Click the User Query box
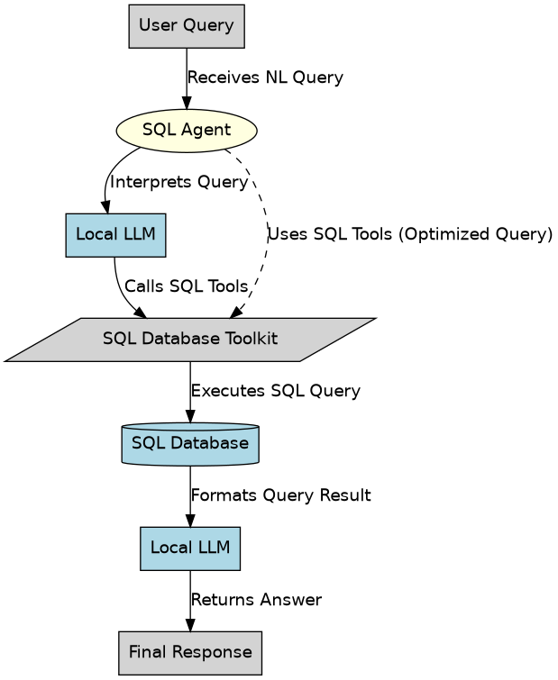tap(187, 25)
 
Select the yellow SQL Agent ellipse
tap(187, 130)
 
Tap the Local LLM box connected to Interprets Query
tap(115, 235)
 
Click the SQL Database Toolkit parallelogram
tap(189, 340)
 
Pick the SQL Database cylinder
tap(189, 443)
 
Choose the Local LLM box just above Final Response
tap(189, 548)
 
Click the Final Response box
tap(189, 652)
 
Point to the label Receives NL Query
tap(264, 78)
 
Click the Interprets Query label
tap(178, 183)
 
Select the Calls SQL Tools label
tap(186, 287)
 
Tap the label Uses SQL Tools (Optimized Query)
tap(409, 235)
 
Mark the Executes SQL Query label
tap(275, 392)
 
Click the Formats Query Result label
tap(280, 496)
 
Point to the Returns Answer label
tap(256, 601)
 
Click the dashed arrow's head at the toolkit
tap(236, 312)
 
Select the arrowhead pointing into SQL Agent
tap(187, 104)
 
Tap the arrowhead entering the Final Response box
tap(189, 626)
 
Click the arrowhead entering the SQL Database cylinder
tap(189, 416)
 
